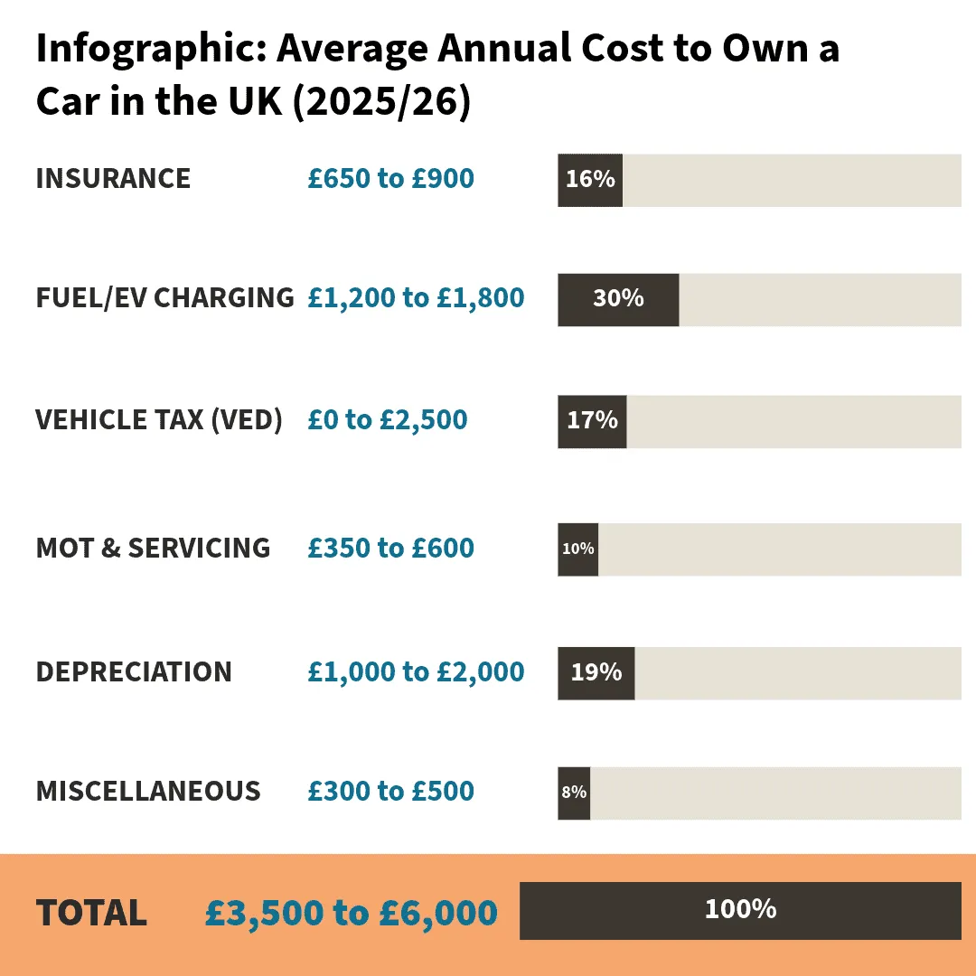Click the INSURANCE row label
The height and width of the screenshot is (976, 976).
(113, 179)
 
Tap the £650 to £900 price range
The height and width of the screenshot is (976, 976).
(390, 179)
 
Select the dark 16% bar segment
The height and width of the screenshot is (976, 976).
(590, 180)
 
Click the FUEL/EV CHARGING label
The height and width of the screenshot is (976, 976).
(164, 297)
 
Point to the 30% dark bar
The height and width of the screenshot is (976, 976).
(618, 299)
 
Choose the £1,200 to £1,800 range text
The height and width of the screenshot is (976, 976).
(416, 297)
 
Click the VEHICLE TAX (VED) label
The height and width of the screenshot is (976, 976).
(159, 420)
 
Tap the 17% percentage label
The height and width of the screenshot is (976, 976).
(592, 420)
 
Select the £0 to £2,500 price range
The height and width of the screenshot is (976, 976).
(387, 420)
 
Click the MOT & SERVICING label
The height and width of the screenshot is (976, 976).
(153, 548)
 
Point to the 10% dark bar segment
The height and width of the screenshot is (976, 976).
(577, 549)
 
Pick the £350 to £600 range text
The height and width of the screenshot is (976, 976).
(390, 548)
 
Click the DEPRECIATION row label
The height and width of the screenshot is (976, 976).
(134, 672)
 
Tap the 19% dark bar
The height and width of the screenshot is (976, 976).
(596, 673)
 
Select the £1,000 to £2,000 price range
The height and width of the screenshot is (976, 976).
(416, 672)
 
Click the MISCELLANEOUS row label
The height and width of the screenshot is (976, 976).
(148, 792)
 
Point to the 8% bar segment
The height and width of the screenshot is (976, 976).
(574, 793)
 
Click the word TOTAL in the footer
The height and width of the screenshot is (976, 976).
(91, 913)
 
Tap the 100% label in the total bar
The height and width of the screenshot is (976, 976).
(740, 909)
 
